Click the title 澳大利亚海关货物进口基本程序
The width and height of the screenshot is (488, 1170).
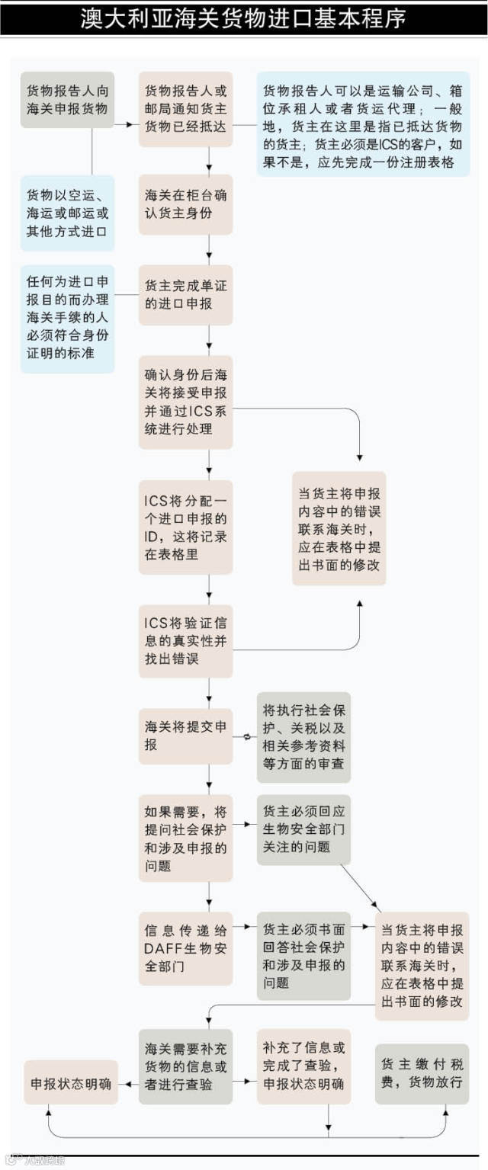point(244,19)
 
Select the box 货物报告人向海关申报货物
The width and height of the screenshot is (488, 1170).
point(67,99)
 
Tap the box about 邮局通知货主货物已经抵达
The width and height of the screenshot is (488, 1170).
point(185,109)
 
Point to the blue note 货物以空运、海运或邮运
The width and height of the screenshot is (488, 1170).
point(67,213)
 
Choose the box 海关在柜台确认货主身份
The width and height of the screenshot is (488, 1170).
point(185,204)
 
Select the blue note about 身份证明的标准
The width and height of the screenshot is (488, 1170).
point(67,319)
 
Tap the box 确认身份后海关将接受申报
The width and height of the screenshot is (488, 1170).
point(185,402)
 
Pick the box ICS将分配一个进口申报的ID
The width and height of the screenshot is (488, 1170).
point(185,527)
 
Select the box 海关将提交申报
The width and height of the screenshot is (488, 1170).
point(185,736)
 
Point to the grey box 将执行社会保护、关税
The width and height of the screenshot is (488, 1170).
point(303,736)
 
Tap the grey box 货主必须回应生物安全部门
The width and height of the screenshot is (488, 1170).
point(303,829)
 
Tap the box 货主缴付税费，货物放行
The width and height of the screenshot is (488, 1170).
point(422,1073)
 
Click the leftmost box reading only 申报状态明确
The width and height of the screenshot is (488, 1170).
point(71,1082)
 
